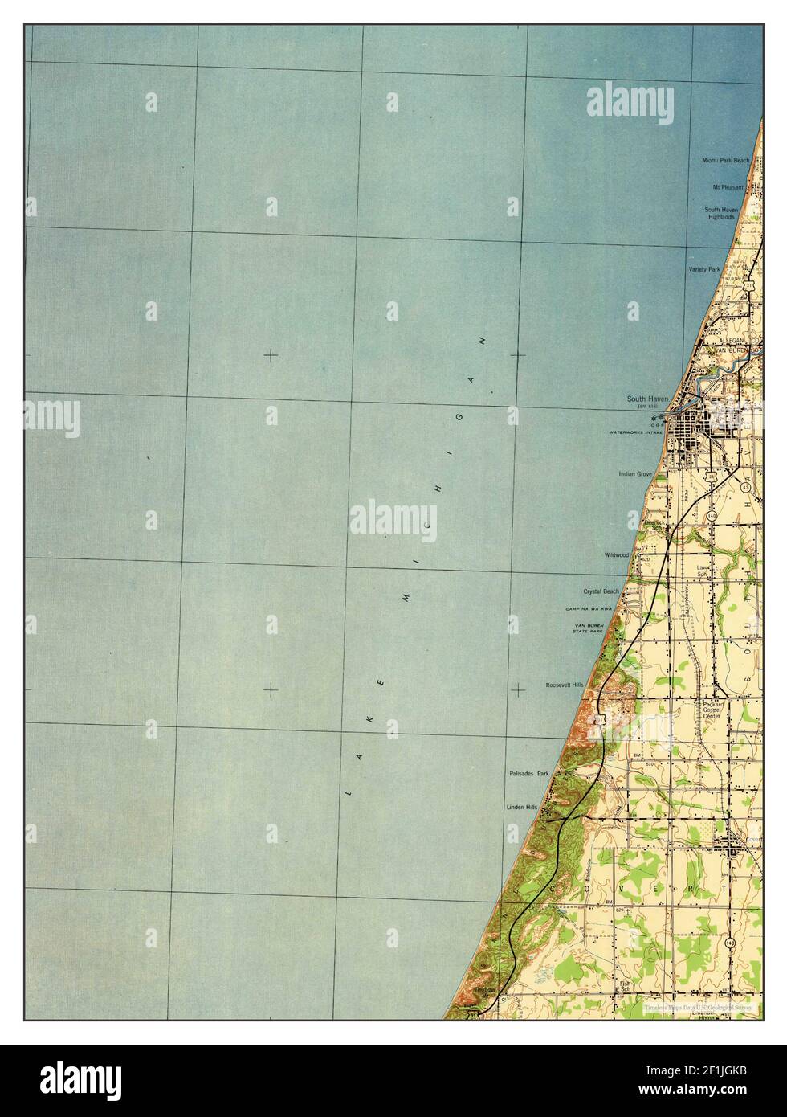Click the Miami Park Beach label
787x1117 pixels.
coord(725,160)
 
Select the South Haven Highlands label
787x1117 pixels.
coord(721,213)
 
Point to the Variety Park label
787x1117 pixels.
coord(703,269)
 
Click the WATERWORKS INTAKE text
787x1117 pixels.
coord(635,432)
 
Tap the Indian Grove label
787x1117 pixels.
coord(634,474)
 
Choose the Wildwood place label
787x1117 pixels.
coord(617,555)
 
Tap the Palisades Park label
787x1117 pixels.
coord(528,774)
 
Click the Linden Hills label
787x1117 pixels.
coord(520,806)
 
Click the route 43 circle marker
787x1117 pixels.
coord(747,487)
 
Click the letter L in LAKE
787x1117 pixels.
coord(348,793)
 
